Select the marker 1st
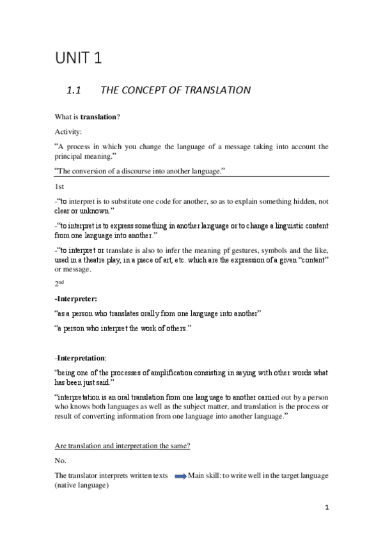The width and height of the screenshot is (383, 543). [x=59, y=186]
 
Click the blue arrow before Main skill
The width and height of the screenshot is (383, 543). [x=180, y=475]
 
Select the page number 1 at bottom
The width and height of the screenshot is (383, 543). [x=326, y=509]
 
